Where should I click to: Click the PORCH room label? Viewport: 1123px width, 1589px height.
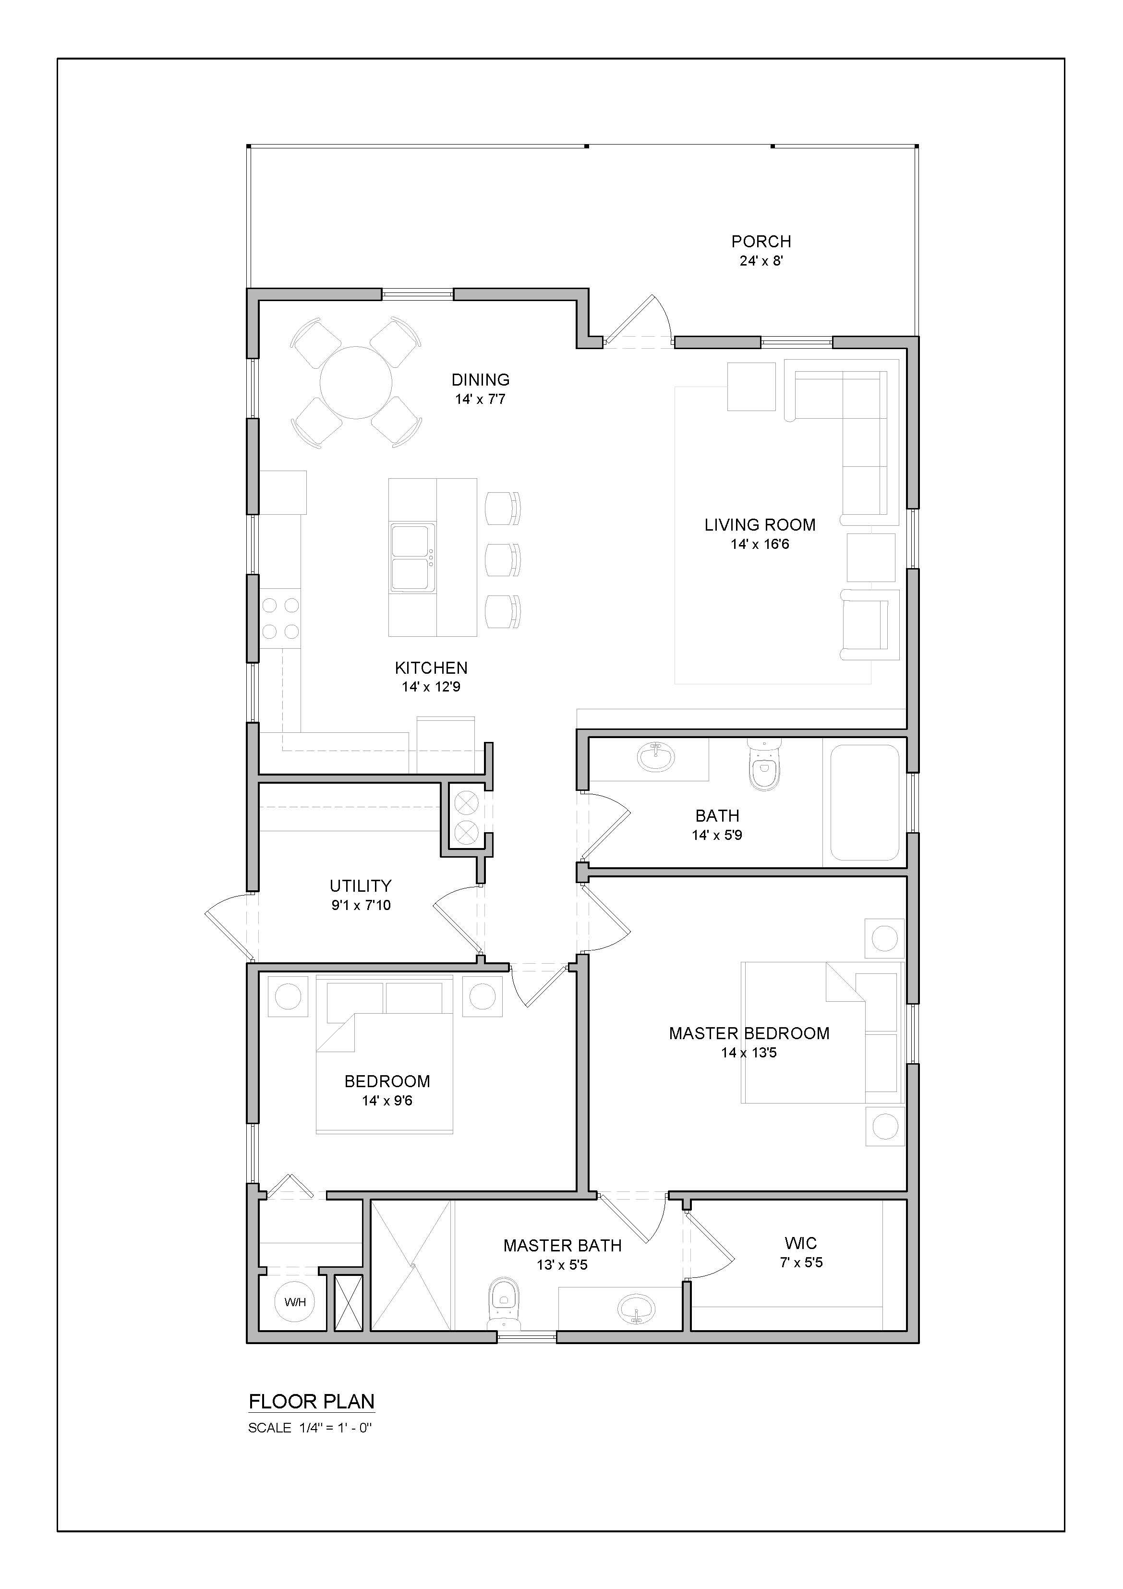[x=761, y=242]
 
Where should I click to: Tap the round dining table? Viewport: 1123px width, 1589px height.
[x=356, y=382]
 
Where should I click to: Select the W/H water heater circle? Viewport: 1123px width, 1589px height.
[x=295, y=1302]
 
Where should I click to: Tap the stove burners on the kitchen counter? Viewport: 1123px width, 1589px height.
[x=280, y=618]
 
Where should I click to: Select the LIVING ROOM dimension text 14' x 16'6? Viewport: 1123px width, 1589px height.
[x=760, y=545]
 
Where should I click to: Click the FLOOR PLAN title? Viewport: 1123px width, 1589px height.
[x=312, y=1402]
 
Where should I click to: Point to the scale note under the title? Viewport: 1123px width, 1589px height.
[x=310, y=1428]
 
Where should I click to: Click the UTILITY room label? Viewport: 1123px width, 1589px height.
[x=361, y=886]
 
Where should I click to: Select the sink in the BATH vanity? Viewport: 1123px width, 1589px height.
[x=655, y=757]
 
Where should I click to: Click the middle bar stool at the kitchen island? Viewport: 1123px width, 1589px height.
[x=502, y=560]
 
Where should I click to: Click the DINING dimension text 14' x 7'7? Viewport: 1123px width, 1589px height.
[x=480, y=400]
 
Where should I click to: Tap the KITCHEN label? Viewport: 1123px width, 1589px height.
[x=431, y=668]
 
